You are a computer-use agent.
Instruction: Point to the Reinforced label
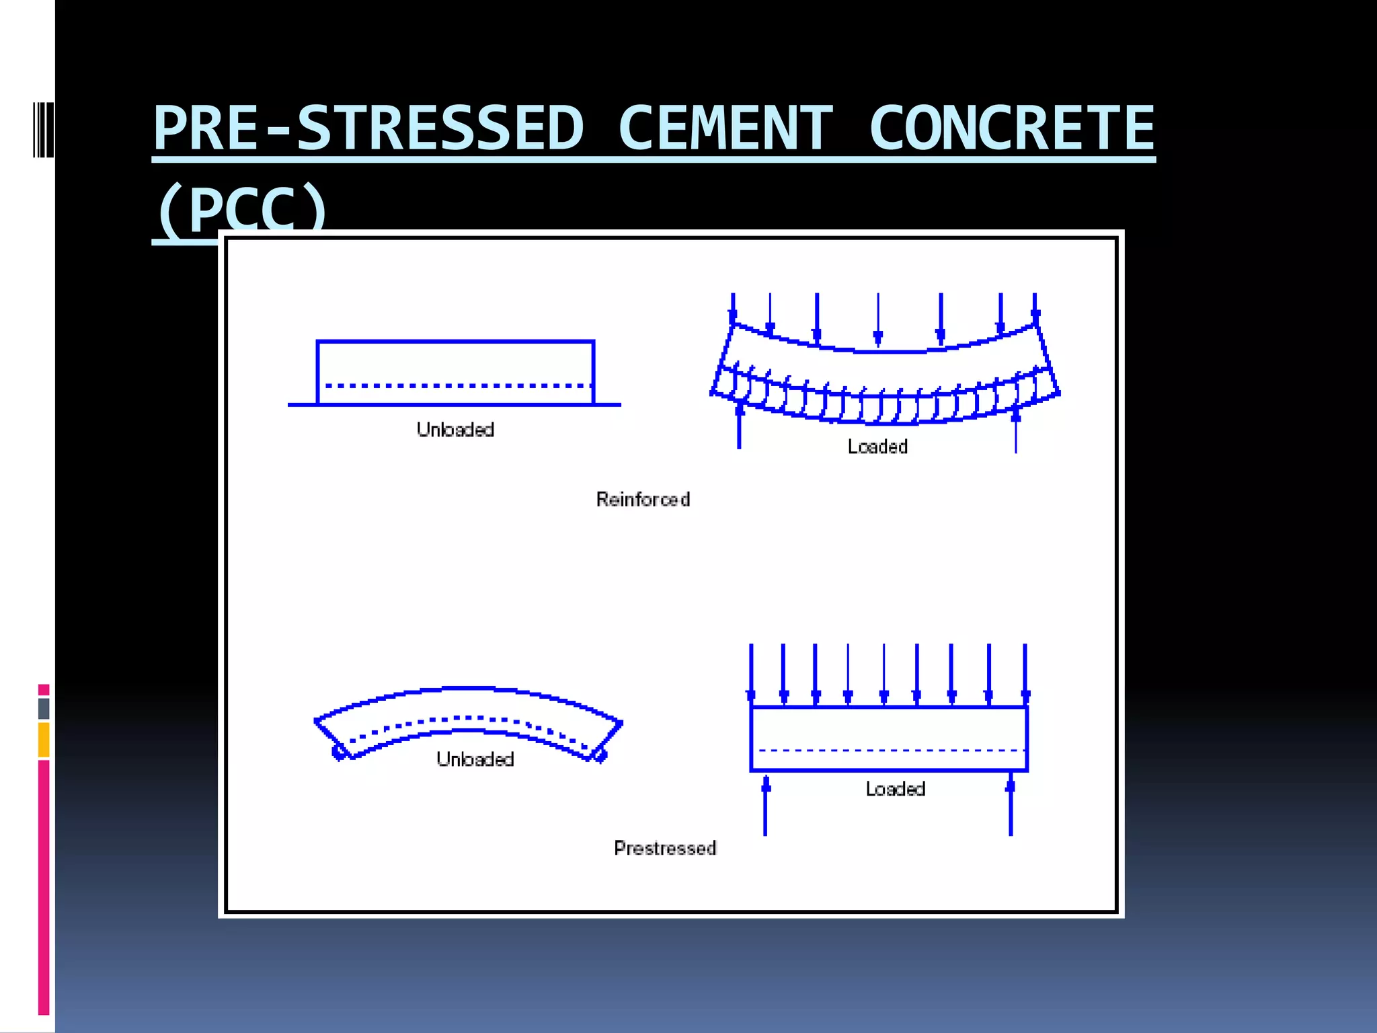pos(643,500)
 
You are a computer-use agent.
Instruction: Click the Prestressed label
pos(665,848)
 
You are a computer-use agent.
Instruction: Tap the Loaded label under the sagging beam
pos(877,447)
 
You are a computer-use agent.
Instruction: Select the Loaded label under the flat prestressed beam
pos(895,789)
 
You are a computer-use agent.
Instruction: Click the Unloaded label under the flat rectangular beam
pos(455,430)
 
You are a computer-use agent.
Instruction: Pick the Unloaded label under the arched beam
pos(475,759)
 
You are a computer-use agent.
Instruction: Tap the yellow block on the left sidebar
pos(44,740)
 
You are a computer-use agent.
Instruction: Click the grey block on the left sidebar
pos(44,708)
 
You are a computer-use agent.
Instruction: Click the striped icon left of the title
pos(43,130)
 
